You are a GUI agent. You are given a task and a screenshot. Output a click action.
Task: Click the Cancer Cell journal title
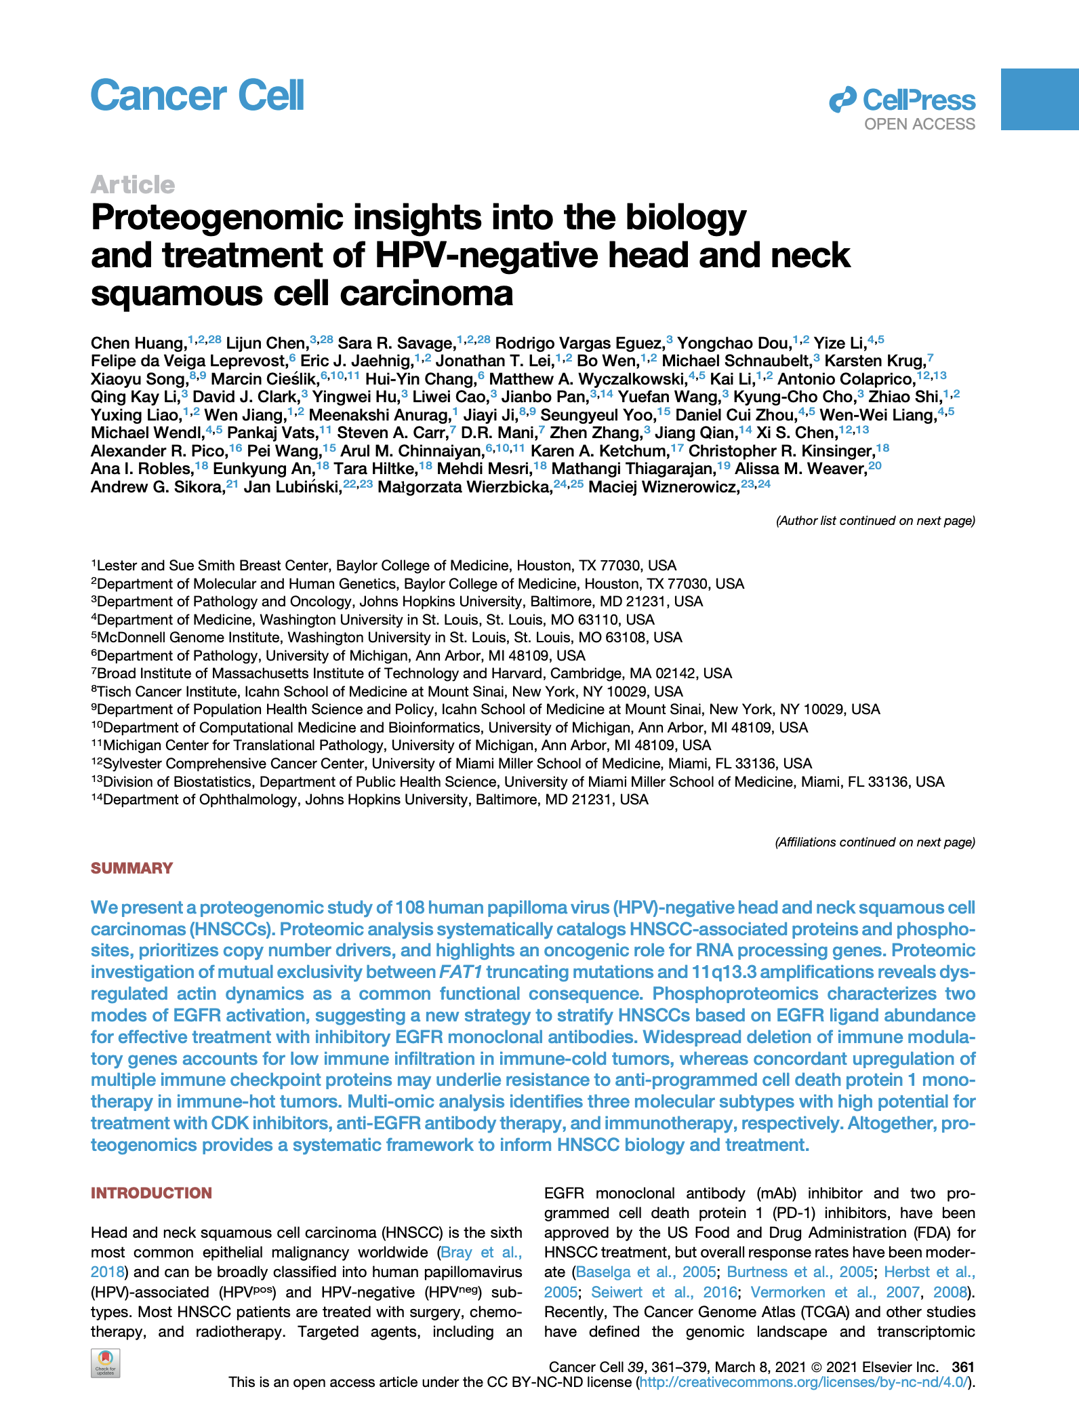(x=197, y=96)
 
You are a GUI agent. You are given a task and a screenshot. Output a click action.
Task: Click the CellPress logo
(x=902, y=100)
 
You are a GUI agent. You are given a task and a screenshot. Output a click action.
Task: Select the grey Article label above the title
(x=133, y=184)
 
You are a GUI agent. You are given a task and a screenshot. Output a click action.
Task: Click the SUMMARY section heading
(x=132, y=868)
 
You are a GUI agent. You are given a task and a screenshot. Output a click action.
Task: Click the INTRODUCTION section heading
(x=151, y=1193)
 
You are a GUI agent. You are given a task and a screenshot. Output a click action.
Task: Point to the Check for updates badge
(x=105, y=1363)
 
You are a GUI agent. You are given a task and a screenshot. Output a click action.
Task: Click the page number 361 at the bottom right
(x=962, y=1367)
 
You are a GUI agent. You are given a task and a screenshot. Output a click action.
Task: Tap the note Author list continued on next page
(x=875, y=521)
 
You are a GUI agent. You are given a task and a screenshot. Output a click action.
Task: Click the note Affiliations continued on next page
(x=874, y=842)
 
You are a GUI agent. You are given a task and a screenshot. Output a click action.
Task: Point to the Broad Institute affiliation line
(x=414, y=673)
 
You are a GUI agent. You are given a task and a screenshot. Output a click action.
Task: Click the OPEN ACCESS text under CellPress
(x=920, y=125)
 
